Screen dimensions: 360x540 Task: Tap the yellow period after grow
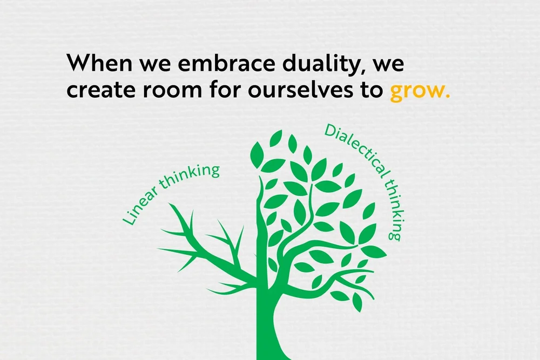point(446,97)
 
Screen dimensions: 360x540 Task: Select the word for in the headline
point(222,90)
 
